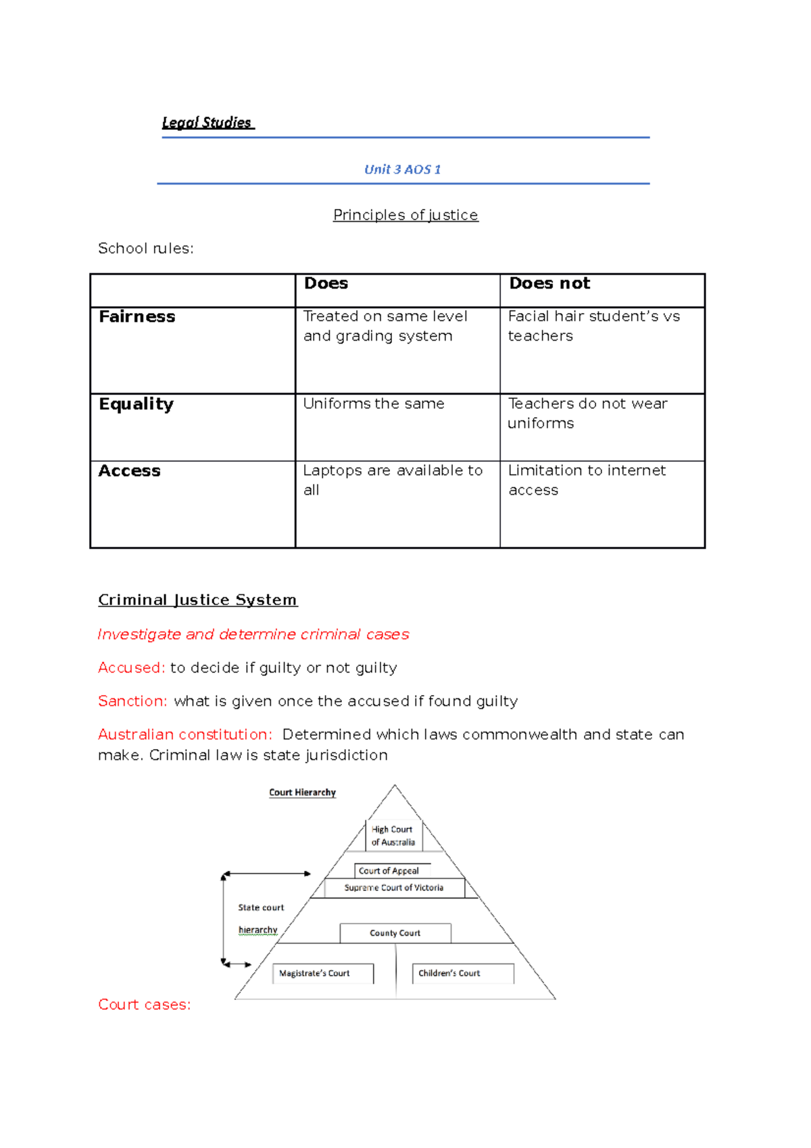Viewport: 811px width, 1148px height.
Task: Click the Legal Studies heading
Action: click(x=207, y=123)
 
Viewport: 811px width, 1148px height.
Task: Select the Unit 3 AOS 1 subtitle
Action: click(x=402, y=170)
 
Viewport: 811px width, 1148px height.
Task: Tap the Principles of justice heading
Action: click(x=405, y=215)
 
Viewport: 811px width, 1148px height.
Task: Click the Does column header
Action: click(x=326, y=284)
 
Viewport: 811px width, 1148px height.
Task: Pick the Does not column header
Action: click(x=549, y=284)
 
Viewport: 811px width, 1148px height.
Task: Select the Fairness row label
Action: click(x=137, y=317)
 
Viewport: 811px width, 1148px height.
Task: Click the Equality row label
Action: click(x=137, y=404)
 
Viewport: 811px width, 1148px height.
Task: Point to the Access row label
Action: click(x=130, y=471)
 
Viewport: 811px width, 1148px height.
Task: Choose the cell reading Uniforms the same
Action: click(x=374, y=404)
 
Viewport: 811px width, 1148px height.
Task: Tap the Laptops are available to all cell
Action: click(x=392, y=480)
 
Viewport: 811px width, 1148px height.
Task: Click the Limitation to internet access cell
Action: click(x=586, y=480)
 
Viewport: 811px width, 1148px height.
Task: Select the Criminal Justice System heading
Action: click(x=197, y=600)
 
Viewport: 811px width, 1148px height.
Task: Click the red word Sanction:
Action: click(x=132, y=701)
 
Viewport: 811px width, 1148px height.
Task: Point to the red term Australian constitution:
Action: click(x=185, y=735)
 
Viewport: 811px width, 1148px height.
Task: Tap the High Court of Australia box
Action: click(x=393, y=836)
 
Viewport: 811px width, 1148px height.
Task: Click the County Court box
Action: click(x=395, y=933)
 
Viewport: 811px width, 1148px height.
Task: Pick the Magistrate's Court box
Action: click(x=315, y=974)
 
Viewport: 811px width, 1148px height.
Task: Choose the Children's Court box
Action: click(x=450, y=974)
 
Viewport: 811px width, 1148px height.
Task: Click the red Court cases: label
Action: click(x=145, y=1005)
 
